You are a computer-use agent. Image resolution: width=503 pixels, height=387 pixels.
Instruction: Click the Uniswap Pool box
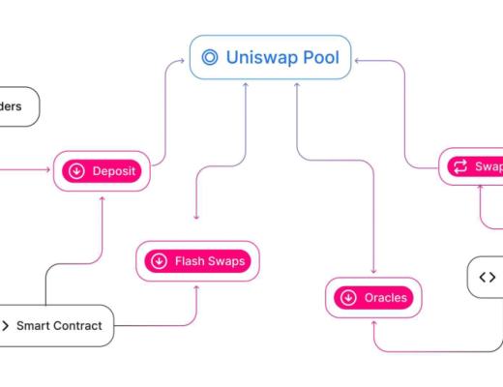click(269, 57)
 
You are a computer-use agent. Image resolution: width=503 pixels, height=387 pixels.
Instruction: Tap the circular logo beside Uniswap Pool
click(209, 57)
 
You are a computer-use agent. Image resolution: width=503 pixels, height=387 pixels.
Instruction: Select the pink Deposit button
click(102, 172)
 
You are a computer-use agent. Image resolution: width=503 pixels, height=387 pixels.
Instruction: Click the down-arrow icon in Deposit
click(75, 172)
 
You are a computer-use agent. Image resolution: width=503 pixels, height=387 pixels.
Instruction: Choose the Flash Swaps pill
click(197, 261)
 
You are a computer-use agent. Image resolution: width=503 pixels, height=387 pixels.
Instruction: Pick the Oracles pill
click(372, 297)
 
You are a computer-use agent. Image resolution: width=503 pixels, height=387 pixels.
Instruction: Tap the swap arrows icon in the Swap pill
click(459, 166)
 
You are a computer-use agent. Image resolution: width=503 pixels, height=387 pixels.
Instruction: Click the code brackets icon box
click(486, 278)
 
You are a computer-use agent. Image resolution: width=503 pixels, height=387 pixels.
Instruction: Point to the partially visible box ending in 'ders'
click(17, 106)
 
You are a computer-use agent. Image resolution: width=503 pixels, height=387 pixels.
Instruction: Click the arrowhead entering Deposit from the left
click(47, 172)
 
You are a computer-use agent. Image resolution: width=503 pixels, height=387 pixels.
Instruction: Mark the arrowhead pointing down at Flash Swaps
click(196, 216)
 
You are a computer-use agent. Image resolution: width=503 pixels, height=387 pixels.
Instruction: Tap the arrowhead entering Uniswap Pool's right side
click(356, 60)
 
